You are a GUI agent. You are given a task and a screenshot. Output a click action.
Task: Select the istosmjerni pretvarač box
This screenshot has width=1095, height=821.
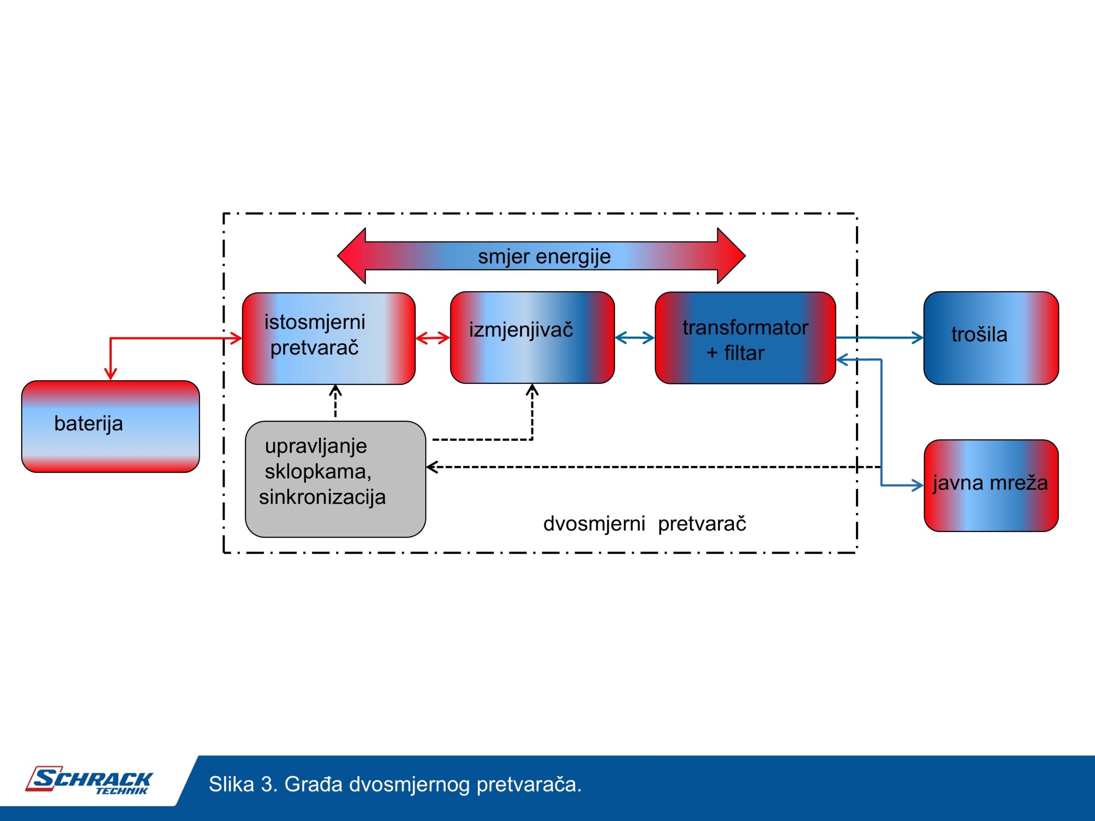pyautogui.click(x=328, y=339)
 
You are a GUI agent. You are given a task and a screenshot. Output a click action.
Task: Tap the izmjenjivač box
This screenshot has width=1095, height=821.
pyautogui.click(x=532, y=337)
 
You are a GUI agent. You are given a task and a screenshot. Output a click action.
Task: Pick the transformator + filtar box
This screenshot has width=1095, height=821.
pyautogui.click(x=745, y=338)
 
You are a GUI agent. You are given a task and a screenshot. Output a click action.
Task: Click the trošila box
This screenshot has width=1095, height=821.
pyautogui.click(x=991, y=338)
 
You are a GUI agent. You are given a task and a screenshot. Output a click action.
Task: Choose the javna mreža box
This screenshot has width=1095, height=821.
pyautogui.click(x=991, y=485)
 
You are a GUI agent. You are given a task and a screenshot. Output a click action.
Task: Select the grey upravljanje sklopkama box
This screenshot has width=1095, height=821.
pyautogui.click(x=335, y=479)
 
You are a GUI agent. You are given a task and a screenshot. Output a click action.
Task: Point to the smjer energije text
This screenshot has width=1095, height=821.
pyautogui.click(x=544, y=256)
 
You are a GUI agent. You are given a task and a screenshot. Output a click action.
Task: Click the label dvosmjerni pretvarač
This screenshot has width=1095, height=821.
pyautogui.click(x=644, y=523)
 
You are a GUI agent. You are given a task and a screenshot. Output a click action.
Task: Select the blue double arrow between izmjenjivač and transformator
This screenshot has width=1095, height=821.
pyautogui.click(x=635, y=338)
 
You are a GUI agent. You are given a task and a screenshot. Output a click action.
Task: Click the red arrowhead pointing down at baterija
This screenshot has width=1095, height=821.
pyautogui.click(x=110, y=374)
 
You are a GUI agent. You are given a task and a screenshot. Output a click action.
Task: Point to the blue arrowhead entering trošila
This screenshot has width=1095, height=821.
pyautogui.click(x=918, y=338)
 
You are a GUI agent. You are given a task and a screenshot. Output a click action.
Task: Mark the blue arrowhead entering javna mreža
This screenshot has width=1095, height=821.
pyautogui.click(x=918, y=485)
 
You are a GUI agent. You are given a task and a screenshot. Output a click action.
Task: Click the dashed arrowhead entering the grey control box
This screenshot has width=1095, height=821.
pyautogui.click(x=432, y=467)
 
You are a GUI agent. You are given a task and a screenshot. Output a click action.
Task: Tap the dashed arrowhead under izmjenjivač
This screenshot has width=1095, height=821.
pyautogui.click(x=532, y=390)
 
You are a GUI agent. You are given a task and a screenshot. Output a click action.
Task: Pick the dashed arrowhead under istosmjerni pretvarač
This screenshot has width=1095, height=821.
pyautogui.click(x=336, y=390)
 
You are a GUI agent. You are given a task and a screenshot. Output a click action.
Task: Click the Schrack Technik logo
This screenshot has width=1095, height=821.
pyautogui.click(x=89, y=781)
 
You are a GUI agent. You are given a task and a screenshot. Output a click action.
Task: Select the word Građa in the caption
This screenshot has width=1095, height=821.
pyautogui.click(x=313, y=784)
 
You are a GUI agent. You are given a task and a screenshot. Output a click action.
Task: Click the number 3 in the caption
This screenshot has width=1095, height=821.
pyautogui.click(x=267, y=784)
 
